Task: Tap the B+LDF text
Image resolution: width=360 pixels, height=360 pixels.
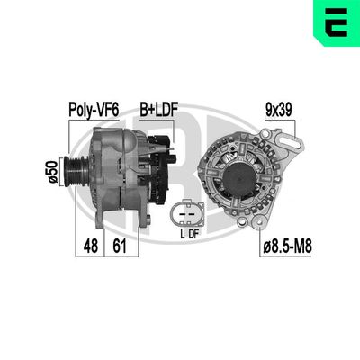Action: tap(157, 112)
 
